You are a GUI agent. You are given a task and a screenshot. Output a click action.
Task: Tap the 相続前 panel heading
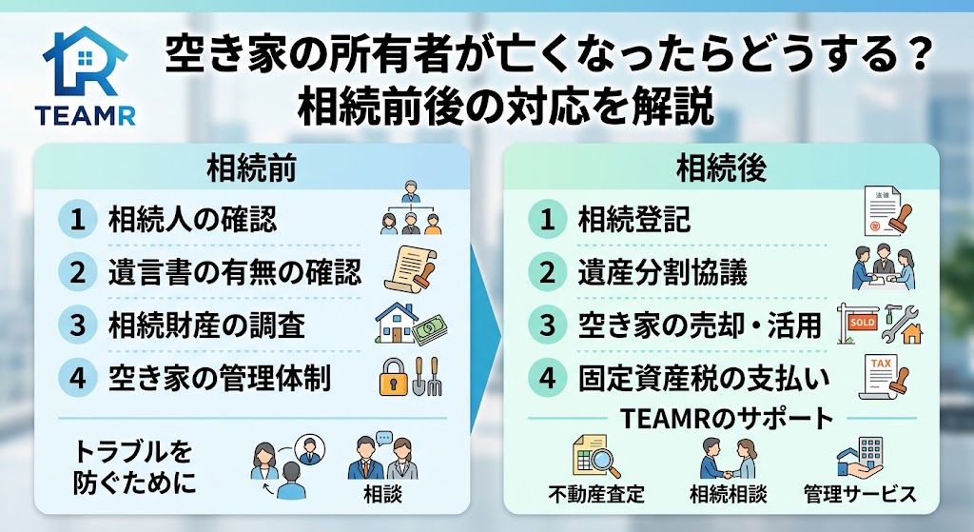[251, 168]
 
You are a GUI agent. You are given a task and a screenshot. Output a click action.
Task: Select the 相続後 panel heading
[721, 168]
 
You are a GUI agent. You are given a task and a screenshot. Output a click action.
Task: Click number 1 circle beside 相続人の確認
[78, 220]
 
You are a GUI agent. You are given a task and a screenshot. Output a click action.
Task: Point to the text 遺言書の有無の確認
[234, 272]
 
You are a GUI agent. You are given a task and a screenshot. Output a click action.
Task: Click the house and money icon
[411, 325]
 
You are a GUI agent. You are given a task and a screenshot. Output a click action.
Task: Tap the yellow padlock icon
[393, 377]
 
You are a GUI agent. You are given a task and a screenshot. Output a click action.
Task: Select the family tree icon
[411, 207]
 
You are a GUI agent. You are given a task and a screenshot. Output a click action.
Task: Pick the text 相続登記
[633, 220]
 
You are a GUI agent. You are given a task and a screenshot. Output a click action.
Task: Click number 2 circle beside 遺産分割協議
[547, 272]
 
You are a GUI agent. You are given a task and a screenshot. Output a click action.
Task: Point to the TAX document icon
[884, 377]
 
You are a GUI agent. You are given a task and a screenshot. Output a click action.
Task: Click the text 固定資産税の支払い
[705, 378]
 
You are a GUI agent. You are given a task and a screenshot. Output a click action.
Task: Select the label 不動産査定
[596, 494]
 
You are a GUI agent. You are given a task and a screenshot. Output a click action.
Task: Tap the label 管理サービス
[860, 494]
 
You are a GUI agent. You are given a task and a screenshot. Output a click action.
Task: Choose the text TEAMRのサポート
[726, 418]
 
